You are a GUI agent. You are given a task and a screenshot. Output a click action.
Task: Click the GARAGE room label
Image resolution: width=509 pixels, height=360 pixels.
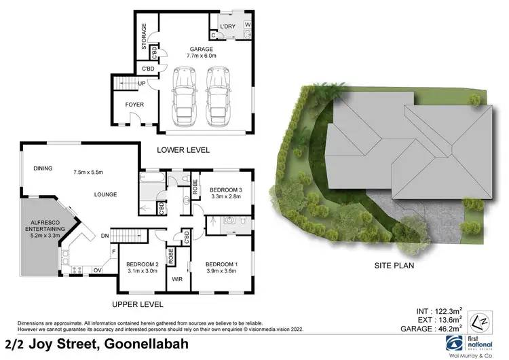click(x=202, y=50)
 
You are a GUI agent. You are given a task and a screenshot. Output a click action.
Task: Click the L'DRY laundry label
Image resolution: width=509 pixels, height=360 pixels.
click(x=228, y=27)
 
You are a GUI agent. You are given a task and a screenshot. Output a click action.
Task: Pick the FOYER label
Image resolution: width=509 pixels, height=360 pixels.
click(x=134, y=105)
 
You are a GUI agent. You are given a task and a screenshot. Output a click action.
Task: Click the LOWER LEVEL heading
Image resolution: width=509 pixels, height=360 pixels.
click(x=183, y=149)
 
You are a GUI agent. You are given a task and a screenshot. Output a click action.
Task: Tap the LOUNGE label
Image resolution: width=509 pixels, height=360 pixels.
click(x=106, y=194)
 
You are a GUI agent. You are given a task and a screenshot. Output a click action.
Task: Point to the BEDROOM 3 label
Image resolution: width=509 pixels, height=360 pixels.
click(x=227, y=190)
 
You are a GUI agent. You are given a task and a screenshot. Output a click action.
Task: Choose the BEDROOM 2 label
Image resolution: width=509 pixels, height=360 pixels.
click(x=143, y=264)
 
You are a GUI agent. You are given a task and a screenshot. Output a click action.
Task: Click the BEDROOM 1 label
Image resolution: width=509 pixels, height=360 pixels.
click(x=221, y=264)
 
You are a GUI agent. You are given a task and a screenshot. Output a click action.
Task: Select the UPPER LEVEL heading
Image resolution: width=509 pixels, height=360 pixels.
click(x=138, y=304)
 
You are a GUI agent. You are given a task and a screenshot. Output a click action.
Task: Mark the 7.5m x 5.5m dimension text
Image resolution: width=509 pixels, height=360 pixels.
click(x=88, y=172)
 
